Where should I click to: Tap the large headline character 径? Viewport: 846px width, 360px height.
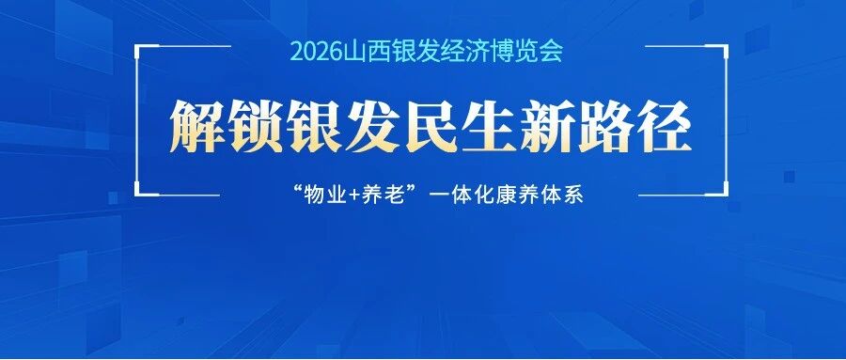665,128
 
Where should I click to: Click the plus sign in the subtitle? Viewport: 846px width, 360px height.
356,196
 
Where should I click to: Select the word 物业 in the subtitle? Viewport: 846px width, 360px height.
326,195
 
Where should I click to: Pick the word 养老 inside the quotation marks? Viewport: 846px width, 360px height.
385,195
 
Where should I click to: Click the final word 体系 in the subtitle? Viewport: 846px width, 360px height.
561,195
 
